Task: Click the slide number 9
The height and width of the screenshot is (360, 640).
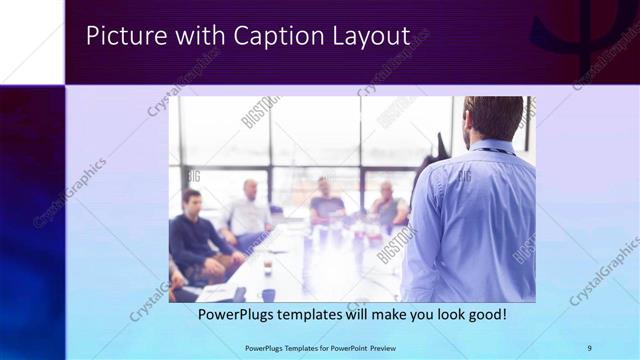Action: [589, 348]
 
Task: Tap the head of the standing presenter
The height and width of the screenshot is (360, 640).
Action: [493, 118]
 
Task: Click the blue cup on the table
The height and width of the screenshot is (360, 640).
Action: [268, 294]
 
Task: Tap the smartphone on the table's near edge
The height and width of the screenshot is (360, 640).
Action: [240, 294]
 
